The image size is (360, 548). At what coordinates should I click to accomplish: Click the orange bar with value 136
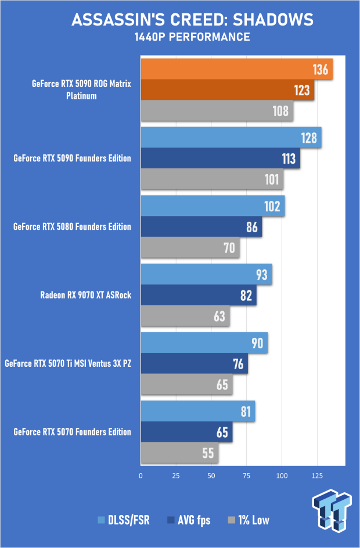point(235,70)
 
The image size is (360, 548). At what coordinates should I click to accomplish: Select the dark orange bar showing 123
point(226,91)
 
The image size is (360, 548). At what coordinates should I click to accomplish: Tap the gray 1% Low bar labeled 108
point(216,110)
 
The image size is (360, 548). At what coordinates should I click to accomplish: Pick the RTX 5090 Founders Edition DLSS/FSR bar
point(230,138)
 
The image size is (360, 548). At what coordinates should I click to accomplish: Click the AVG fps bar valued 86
point(200,227)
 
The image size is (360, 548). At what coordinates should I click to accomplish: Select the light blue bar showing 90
point(203,342)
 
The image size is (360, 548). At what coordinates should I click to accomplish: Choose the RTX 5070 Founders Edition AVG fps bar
point(186,432)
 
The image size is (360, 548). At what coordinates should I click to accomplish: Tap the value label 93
point(262,275)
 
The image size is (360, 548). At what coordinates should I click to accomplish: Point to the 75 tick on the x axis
point(246,475)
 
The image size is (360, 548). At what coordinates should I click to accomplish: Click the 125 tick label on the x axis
point(317,475)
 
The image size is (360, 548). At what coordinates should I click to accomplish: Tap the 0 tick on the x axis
point(141,475)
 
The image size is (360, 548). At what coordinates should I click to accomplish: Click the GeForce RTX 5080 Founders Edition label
point(72,226)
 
